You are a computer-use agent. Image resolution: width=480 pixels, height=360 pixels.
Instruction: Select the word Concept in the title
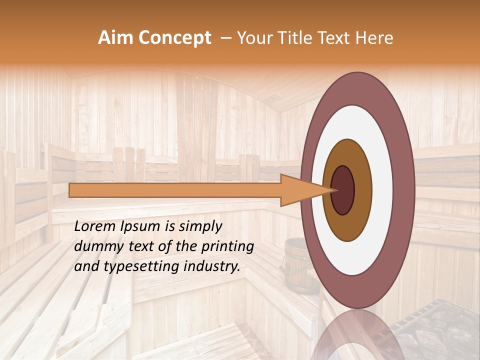coord(174,38)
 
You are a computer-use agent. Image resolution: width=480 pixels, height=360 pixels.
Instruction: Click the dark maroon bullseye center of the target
coord(342,190)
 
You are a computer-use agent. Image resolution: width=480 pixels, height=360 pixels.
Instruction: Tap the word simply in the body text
coord(200,226)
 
